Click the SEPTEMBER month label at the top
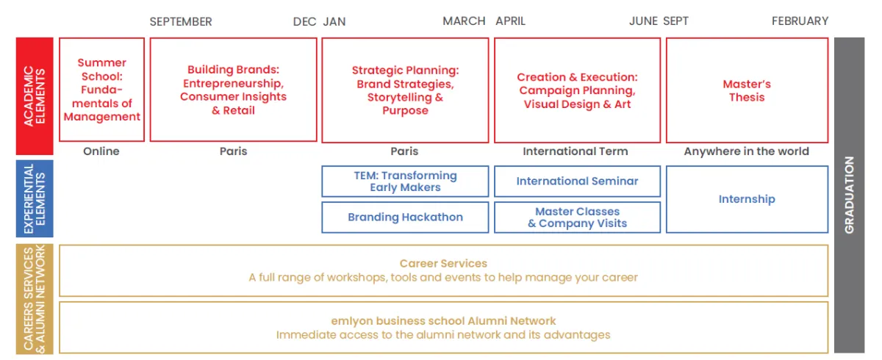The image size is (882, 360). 181,21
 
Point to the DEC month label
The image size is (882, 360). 304,21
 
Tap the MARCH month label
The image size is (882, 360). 464,21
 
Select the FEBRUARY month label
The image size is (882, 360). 800,21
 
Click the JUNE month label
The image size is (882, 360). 643,21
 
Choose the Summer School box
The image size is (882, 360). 101,90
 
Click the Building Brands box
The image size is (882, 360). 233,90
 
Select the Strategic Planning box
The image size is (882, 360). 405,90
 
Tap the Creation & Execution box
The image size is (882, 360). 577,90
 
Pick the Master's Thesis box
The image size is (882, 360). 747,90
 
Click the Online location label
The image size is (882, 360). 101,151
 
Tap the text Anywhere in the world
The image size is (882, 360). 746,151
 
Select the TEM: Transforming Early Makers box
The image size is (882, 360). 405,181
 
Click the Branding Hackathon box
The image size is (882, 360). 405,217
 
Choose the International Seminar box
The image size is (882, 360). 577,181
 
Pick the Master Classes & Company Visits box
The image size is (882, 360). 577,217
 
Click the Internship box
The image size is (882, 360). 747,199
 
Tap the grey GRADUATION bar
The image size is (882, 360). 849,195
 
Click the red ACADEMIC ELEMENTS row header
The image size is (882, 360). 35,96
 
